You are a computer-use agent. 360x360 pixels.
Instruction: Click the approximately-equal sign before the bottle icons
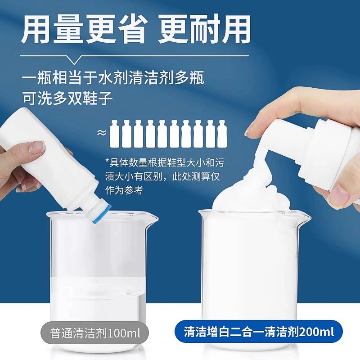[x=103, y=133]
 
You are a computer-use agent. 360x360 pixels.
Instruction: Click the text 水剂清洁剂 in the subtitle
[x=139, y=78]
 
